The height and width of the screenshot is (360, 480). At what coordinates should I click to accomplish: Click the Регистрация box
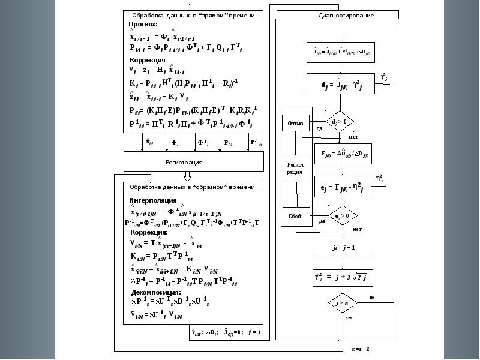193,162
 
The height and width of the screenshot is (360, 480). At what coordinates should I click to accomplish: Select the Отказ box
295,124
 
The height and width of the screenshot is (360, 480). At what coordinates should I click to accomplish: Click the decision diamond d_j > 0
340,122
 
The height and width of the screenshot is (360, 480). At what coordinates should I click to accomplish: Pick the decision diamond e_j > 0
340,215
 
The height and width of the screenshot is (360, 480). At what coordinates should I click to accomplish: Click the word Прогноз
143,25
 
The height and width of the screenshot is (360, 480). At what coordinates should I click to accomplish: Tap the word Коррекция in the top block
148,61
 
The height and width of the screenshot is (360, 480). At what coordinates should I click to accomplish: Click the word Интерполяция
153,200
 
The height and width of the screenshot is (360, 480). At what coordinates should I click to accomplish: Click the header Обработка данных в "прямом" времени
193,15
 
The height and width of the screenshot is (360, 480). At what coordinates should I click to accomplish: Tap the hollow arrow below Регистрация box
187,177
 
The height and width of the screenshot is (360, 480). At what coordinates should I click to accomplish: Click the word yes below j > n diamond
349,318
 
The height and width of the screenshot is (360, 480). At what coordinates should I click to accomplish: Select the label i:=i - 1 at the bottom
361,349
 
